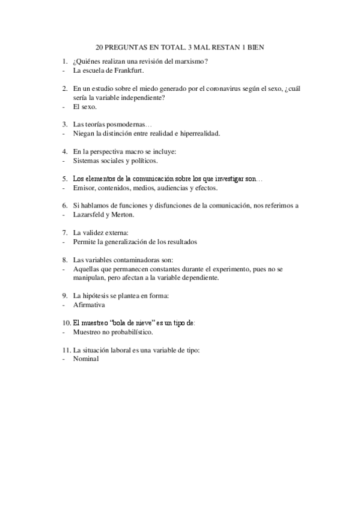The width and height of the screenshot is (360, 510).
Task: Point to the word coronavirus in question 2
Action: [x=218, y=88]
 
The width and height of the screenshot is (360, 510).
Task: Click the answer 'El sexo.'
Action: [x=85, y=106]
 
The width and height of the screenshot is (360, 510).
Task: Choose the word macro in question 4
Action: [x=131, y=152]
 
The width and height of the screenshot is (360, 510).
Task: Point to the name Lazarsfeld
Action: [x=91, y=215]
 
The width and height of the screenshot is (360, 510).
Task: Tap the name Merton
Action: [x=124, y=215]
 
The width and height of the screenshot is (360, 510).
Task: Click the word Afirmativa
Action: [x=89, y=305]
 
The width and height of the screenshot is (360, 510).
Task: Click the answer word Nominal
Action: [x=86, y=359]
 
